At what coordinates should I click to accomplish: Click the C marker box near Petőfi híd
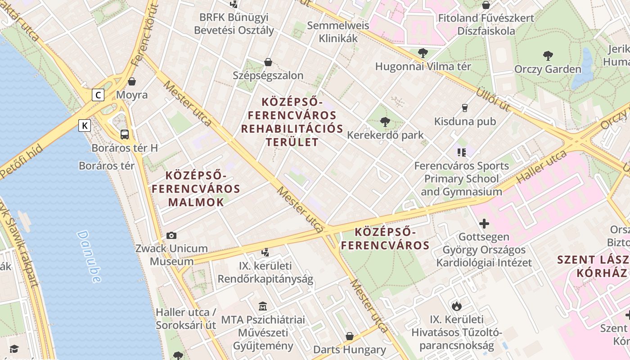(x=98, y=95)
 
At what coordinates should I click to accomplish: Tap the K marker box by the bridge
(x=85, y=126)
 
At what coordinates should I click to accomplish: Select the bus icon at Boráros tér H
(x=125, y=134)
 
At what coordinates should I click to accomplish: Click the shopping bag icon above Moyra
(x=132, y=81)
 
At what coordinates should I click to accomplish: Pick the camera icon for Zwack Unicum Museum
(x=171, y=235)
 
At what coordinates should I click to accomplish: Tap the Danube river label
(x=89, y=256)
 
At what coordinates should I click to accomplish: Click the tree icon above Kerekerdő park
(x=385, y=121)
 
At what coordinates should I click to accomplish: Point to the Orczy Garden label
(x=548, y=69)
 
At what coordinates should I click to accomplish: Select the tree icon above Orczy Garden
(x=548, y=56)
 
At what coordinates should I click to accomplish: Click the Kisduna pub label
(x=465, y=121)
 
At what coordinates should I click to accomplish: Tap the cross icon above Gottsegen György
(x=484, y=223)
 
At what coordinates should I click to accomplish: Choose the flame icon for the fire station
(x=457, y=306)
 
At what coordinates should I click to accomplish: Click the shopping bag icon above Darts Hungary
(x=349, y=336)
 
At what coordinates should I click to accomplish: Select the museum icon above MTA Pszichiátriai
(x=263, y=306)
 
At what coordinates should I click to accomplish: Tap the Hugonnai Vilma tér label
(x=423, y=67)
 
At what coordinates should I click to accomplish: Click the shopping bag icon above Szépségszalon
(x=268, y=62)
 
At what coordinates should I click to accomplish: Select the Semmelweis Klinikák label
(x=338, y=31)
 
